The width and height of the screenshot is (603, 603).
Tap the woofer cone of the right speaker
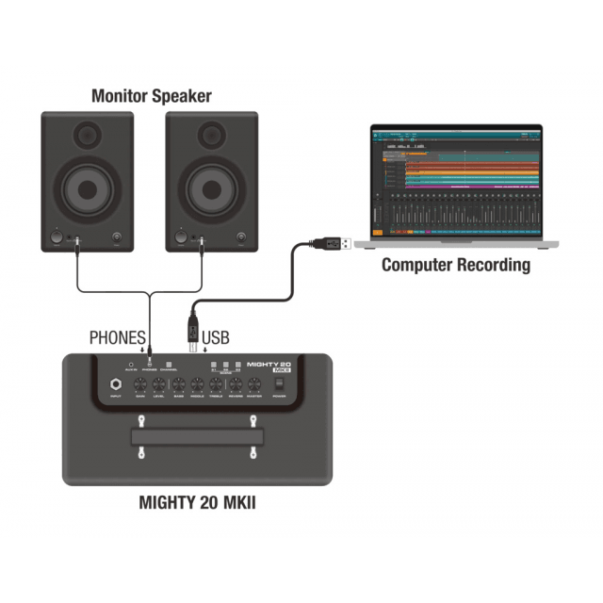(211, 187)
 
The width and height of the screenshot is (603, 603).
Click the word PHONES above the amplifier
(117, 336)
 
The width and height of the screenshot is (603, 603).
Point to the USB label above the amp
(216, 336)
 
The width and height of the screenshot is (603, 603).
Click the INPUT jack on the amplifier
(116, 384)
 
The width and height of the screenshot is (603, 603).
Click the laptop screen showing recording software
(456, 180)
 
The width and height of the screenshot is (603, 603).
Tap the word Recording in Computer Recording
(493, 265)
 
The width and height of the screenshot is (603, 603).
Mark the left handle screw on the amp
(141, 453)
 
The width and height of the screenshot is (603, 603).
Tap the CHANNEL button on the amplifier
(168, 365)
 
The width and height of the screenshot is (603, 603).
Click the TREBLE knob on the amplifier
(216, 384)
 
